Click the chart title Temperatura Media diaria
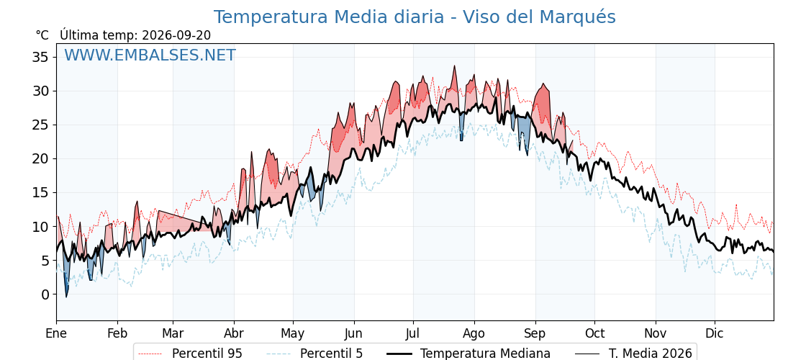(328, 17)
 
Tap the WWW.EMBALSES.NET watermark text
(150, 55)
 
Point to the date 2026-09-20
(176, 35)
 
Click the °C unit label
(42, 35)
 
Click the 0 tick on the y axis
(45, 294)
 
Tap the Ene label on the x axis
(56, 334)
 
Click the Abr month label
(234, 334)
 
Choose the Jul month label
(413, 334)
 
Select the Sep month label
(535, 334)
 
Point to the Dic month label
(715, 334)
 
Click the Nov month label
(656, 334)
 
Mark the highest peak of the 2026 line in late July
(454, 66)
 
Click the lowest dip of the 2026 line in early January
(66, 297)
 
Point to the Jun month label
(353, 334)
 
